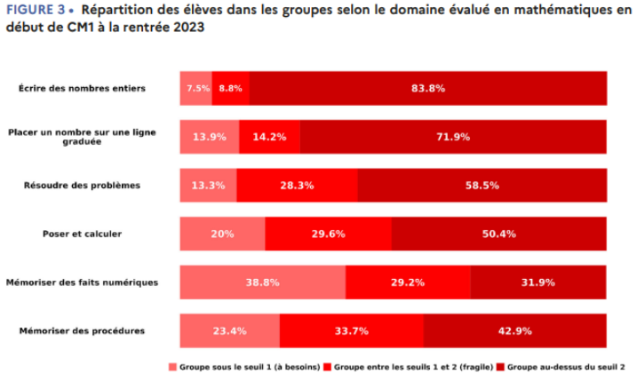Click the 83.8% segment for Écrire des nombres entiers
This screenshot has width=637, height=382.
click(x=428, y=89)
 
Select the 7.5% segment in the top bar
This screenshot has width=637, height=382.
click(x=197, y=89)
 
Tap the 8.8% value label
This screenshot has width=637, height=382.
click(x=231, y=89)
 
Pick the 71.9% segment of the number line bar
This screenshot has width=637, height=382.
click(x=453, y=137)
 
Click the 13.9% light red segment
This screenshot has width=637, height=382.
click(x=210, y=137)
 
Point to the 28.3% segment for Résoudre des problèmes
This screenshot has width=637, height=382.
click(x=299, y=186)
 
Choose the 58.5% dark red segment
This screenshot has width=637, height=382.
click(x=482, y=186)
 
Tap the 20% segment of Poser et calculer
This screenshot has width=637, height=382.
click(x=222, y=235)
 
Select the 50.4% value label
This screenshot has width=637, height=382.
click(x=498, y=235)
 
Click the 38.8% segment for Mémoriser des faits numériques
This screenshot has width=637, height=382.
click(x=263, y=283)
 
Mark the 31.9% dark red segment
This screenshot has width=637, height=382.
click(x=537, y=283)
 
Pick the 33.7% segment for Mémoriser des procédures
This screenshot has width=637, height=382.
click(x=351, y=331)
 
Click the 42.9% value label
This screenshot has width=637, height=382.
click(x=514, y=331)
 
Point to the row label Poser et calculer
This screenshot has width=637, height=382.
click(x=82, y=235)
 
